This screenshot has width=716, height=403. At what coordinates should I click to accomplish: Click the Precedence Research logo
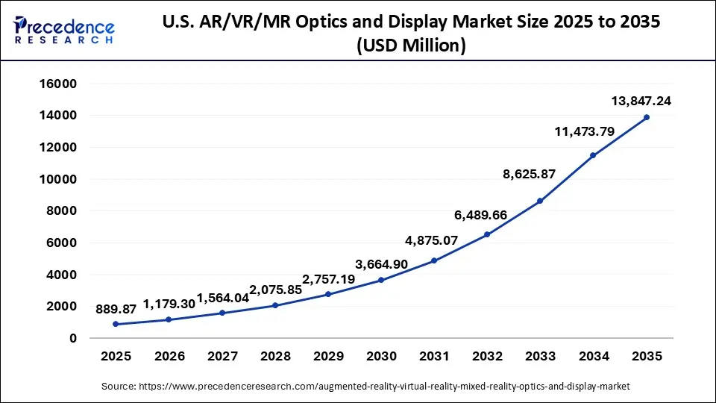pyautogui.click(x=64, y=30)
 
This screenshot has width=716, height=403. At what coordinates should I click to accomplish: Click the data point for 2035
pyautogui.click(x=646, y=117)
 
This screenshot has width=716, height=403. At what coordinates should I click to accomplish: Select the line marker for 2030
pyautogui.click(x=381, y=280)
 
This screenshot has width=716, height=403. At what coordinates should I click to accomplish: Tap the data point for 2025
pyautogui.click(x=116, y=324)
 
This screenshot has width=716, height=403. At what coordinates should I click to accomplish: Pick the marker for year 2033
pyautogui.click(x=540, y=201)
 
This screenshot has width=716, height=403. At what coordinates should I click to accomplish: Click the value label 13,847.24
pyautogui.click(x=635, y=101)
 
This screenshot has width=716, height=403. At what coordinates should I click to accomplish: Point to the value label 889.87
pyautogui.click(x=116, y=308)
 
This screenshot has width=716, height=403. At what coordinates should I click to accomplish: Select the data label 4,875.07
pyautogui.click(x=432, y=240)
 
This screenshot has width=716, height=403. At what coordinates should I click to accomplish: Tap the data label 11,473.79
pyautogui.click(x=583, y=132)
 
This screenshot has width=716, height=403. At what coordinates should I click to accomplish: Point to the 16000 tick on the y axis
pyautogui.click(x=57, y=84)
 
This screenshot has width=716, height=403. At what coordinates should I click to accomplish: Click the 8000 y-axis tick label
pyautogui.click(x=60, y=211)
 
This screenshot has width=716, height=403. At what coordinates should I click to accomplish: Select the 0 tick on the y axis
pyautogui.click(x=72, y=338)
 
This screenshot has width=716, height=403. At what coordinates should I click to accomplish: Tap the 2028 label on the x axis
pyautogui.click(x=274, y=357)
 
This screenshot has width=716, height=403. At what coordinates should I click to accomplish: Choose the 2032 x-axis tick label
pyautogui.click(x=487, y=357)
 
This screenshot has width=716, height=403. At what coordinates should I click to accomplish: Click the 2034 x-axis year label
pyautogui.click(x=593, y=357)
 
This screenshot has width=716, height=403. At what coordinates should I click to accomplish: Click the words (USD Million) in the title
pyautogui.click(x=412, y=46)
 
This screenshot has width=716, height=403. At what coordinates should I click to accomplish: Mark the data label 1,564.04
pyautogui.click(x=223, y=298)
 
